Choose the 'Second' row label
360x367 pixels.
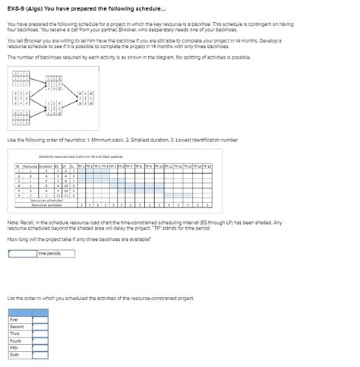(x=16, y=327)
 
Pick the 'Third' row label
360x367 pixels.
(x=14, y=334)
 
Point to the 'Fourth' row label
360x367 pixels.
(x=15, y=340)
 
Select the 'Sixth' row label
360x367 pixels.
(x=14, y=354)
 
